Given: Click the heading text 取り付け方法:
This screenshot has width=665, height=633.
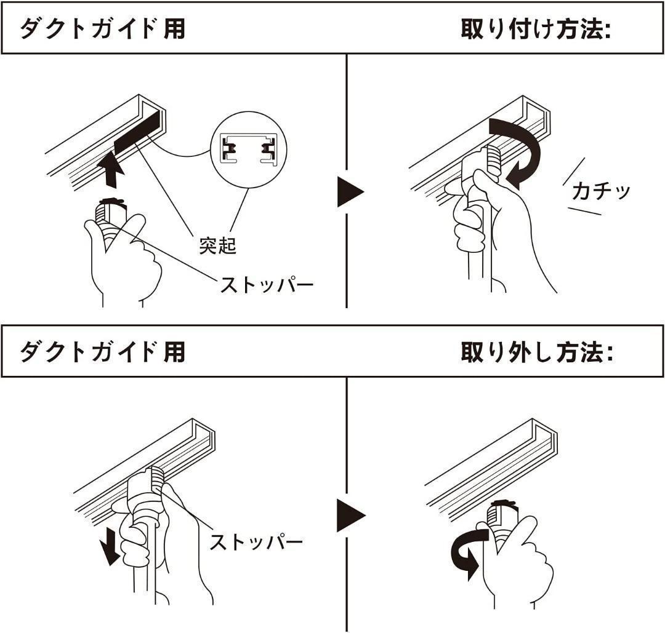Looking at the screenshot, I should click(535, 30).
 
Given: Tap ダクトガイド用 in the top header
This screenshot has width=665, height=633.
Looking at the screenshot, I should click(102, 30).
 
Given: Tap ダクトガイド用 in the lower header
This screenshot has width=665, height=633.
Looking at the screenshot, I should click(102, 352).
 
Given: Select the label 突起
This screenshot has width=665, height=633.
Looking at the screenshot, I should click(217, 245).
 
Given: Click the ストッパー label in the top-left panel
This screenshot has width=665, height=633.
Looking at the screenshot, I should click(267, 285).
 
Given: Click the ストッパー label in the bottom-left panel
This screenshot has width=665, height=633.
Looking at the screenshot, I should click(256, 542).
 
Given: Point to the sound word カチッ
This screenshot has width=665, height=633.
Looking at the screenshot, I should click(600, 191).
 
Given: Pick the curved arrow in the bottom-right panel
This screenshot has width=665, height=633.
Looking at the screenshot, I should click(467, 552).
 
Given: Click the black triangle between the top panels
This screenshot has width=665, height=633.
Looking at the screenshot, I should click(350, 192).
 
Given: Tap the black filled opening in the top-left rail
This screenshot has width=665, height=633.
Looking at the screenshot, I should click(139, 132).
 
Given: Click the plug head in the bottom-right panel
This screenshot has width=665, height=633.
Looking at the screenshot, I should click(502, 514).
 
